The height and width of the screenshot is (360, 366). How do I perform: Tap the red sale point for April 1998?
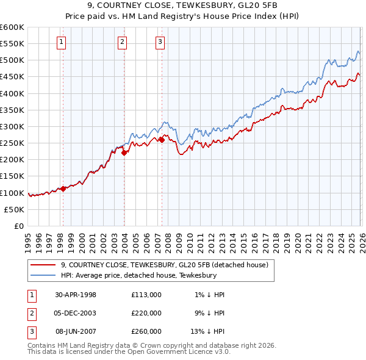click(x=63, y=189)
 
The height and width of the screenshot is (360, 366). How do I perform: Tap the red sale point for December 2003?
click(x=124, y=153)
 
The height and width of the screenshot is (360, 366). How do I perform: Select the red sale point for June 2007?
click(x=162, y=140)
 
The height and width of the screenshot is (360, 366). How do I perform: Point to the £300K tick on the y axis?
click(x=13, y=127)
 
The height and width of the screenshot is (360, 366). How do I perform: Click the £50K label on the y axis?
click(x=15, y=209)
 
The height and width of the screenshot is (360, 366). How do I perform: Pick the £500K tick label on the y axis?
click(x=13, y=60)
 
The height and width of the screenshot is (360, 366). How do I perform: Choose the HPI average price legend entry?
click(x=139, y=276)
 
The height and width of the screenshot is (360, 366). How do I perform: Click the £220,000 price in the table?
click(x=146, y=313)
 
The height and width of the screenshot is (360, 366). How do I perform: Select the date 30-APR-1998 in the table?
click(x=76, y=295)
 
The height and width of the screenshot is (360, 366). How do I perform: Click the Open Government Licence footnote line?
click(x=129, y=353)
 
